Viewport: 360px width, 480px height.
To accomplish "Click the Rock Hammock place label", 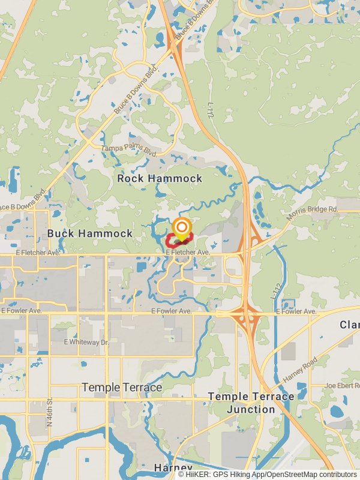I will click(160, 178).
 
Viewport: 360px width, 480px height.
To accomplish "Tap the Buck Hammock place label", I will click(90, 233).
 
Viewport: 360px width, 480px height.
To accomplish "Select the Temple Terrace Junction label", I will click(251, 403).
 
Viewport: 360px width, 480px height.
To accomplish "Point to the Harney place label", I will click(173, 467).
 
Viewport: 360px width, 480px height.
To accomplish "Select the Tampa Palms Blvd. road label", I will click(129, 150).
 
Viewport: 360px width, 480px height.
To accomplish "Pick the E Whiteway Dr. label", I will click(86, 341).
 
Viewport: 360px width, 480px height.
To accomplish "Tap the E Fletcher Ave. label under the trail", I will click(188, 253).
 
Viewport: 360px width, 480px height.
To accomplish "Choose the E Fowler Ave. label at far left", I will click(21, 311).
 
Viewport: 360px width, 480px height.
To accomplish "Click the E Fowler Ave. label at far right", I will click(296, 311).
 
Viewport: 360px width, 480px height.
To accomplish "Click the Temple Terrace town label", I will click(122, 388).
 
